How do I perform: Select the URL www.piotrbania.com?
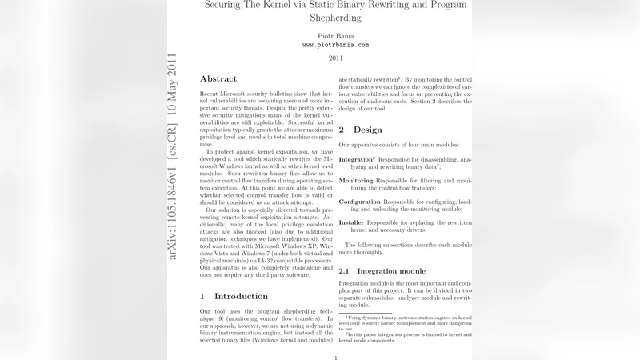(335, 46)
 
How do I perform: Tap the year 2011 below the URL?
(335, 58)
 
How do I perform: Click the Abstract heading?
(218, 79)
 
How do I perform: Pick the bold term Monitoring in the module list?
(356, 181)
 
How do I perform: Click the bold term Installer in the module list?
(352, 222)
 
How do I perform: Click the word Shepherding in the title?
(335, 16)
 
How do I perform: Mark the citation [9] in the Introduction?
(228, 318)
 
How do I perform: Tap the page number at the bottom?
(335, 356)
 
